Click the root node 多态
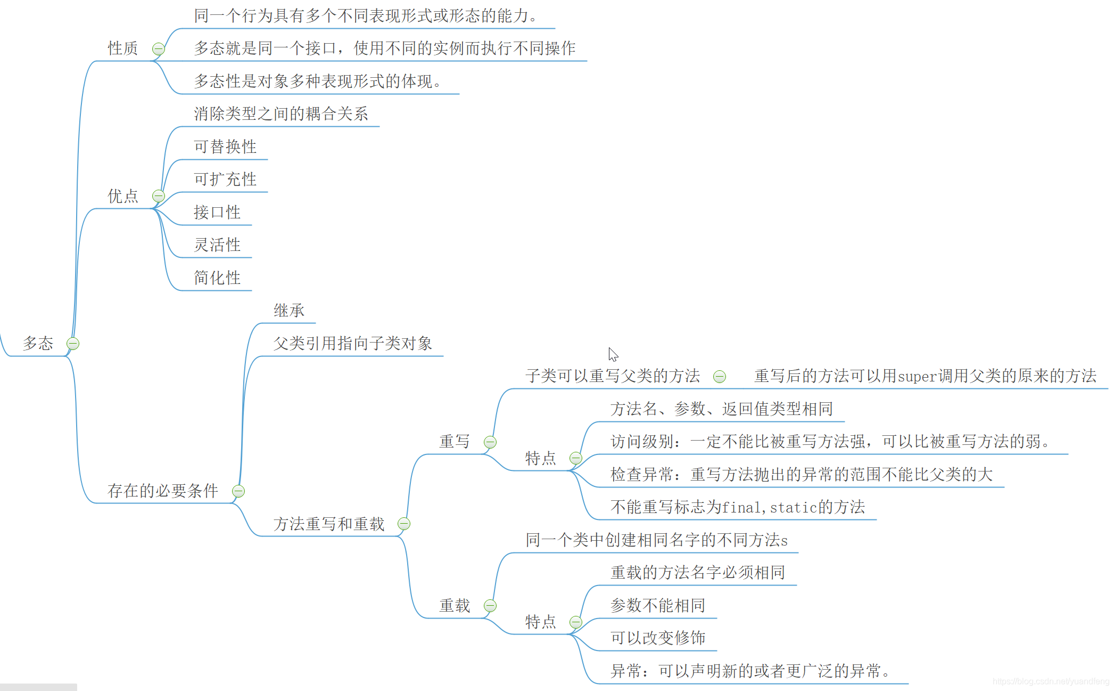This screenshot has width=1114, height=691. coord(38,343)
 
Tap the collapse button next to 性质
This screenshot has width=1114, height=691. coord(158,49)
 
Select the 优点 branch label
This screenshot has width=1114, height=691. coord(123,196)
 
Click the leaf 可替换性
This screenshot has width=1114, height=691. coord(225,147)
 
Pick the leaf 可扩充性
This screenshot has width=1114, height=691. coord(225,180)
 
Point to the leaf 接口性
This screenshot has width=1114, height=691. coord(217,212)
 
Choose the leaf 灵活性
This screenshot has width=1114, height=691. coord(217,245)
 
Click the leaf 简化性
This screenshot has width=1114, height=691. coord(217,278)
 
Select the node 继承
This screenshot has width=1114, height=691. coord(289,311)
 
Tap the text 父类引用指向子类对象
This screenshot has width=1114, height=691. coord(352,344)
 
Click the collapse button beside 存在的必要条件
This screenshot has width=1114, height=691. coord(238,491)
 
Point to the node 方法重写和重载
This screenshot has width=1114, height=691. coord(329,524)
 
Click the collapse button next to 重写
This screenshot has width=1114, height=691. coord(490,442)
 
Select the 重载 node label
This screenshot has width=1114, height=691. coord(455,606)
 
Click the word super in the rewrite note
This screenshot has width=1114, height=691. coord(918,377)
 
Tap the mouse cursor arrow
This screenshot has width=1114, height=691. coord(613,354)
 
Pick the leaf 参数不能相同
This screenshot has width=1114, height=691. coord(658,606)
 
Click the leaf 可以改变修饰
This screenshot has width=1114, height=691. coord(658,638)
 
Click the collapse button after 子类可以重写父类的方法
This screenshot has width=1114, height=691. coord(720,377)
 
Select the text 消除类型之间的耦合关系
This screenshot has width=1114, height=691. coord(281,113)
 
